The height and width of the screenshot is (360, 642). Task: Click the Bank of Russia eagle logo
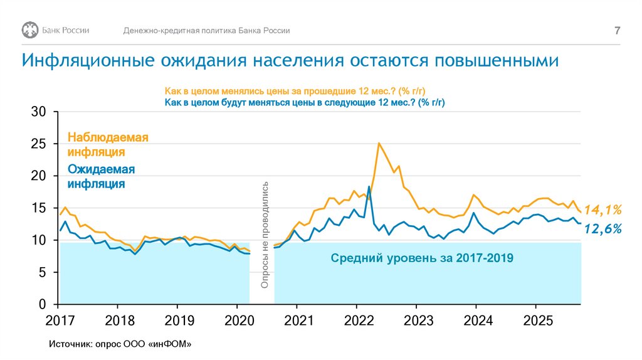pos(29,31)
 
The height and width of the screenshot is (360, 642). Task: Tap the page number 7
pos(617,31)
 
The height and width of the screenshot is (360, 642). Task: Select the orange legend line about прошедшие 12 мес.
pos(299,91)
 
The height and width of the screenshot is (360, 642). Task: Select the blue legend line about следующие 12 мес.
pos(308,102)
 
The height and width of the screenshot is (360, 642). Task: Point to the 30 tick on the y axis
pos(39,112)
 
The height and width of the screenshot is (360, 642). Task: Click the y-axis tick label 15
pos(39,208)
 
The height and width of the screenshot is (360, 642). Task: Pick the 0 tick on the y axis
pos(43,305)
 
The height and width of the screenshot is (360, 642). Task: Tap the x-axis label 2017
pos(58,320)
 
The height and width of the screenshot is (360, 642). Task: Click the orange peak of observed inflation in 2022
pos(379,144)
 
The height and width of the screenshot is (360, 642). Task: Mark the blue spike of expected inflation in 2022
pos(369,187)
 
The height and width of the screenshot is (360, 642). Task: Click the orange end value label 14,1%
pos(602,209)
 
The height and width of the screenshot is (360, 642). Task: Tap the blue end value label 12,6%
pos(602,230)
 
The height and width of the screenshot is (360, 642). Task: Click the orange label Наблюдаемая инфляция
pos(108,144)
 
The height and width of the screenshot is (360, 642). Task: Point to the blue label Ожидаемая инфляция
pos(102,176)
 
